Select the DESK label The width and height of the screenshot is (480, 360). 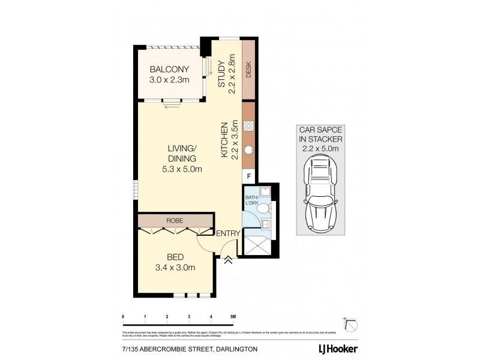tap(248, 72)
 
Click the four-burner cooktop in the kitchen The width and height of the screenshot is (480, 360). tap(248, 127)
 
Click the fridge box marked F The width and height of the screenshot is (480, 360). tap(248, 176)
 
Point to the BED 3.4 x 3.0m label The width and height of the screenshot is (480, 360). tap(175, 262)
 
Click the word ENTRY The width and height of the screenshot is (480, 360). tap(228, 234)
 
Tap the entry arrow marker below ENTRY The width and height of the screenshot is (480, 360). tap(229, 259)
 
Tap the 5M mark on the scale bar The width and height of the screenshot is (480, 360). tap(232, 316)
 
